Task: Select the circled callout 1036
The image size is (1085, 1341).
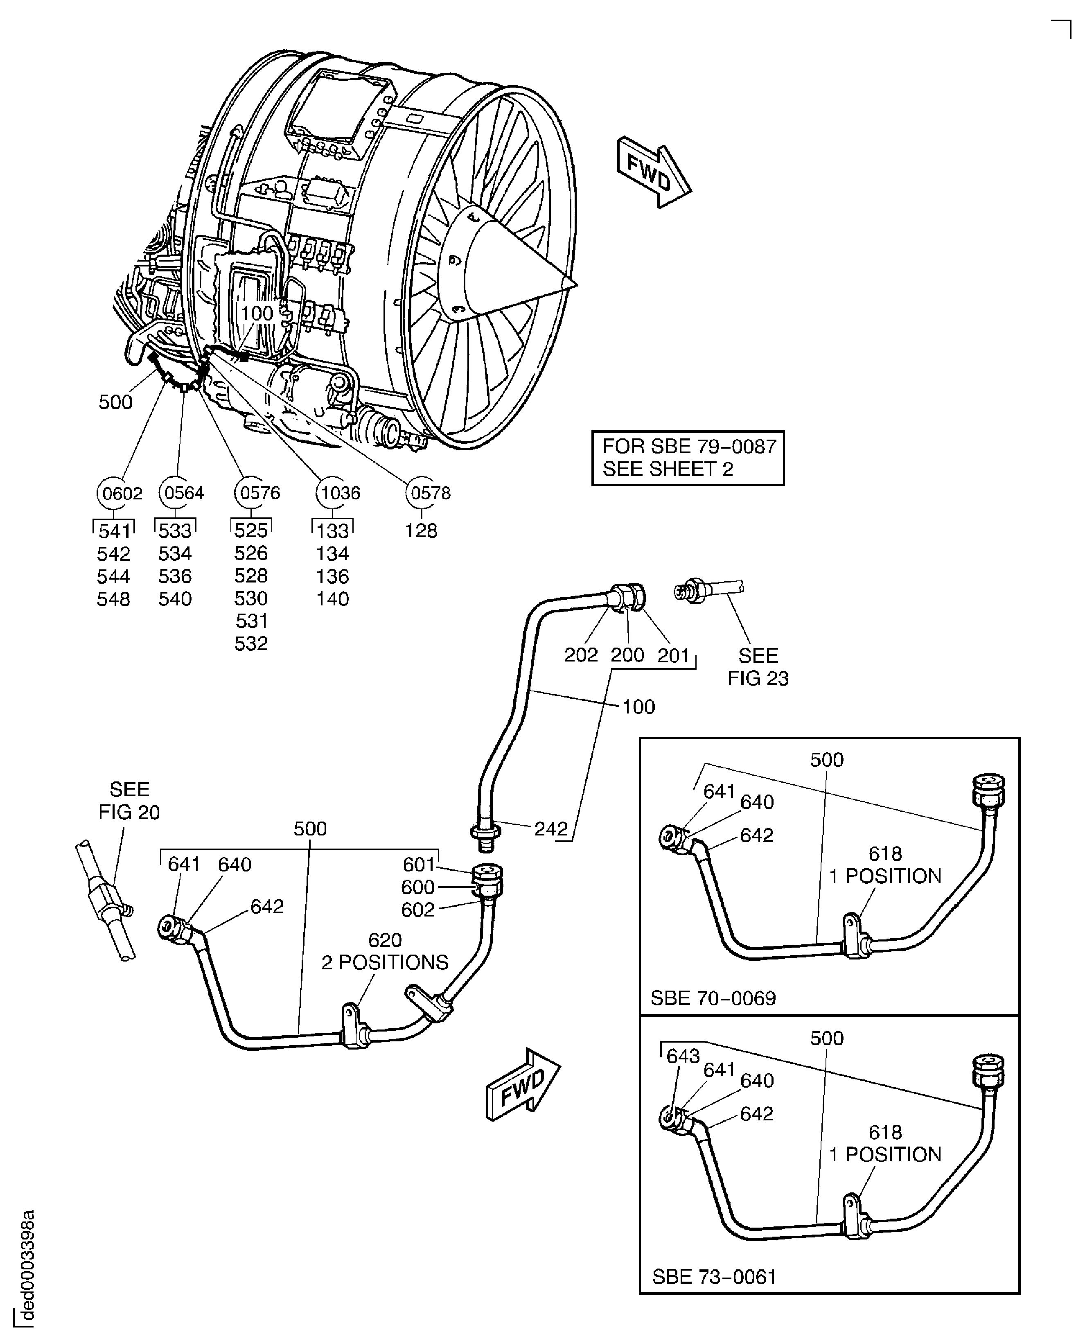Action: pyautogui.click(x=340, y=493)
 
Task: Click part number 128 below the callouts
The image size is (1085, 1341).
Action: pyautogui.click(x=421, y=531)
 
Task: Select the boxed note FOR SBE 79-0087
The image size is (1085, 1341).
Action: pyautogui.click(x=688, y=458)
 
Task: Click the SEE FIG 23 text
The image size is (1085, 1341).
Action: pyautogui.click(x=758, y=667)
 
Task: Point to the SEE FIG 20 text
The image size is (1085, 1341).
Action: pyautogui.click(x=129, y=800)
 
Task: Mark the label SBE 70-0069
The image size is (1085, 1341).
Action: pyautogui.click(x=713, y=998)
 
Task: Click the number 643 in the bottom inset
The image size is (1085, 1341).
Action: pyautogui.click(x=683, y=1056)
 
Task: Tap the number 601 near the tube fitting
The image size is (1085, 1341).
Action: pyautogui.click(x=418, y=865)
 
